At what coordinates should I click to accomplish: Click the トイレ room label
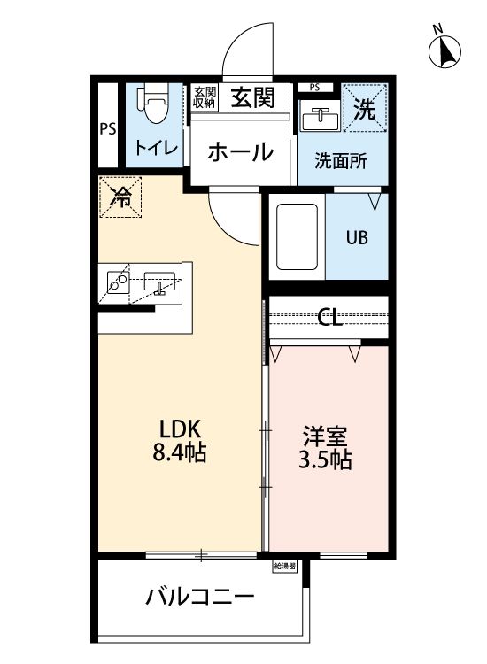[156, 146]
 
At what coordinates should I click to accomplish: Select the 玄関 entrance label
[253, 97]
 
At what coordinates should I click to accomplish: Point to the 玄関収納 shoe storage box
[205, 97]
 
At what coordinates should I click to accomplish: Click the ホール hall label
[240, 152]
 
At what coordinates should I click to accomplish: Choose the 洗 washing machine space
[365, 109]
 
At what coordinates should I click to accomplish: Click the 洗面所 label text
[341, 162]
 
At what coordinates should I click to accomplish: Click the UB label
[357, 238]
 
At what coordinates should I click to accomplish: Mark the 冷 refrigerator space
[120, 197]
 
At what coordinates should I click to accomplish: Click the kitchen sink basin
[159, 283]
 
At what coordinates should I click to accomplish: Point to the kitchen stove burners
[118, 282]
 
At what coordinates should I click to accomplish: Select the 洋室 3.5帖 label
[327, 448]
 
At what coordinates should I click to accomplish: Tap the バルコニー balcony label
[200, 596]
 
